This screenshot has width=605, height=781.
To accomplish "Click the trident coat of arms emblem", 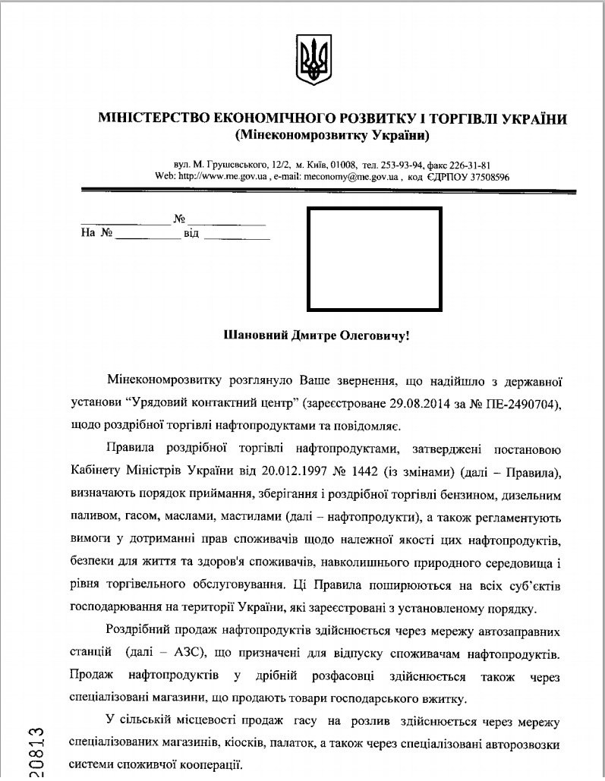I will (x=311, y=59).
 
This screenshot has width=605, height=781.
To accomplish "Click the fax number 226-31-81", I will (x=471, y=165).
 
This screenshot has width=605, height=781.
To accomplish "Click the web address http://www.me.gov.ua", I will (x=221, y=175).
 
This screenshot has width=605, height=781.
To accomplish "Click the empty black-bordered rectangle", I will (x=374, y=259).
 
